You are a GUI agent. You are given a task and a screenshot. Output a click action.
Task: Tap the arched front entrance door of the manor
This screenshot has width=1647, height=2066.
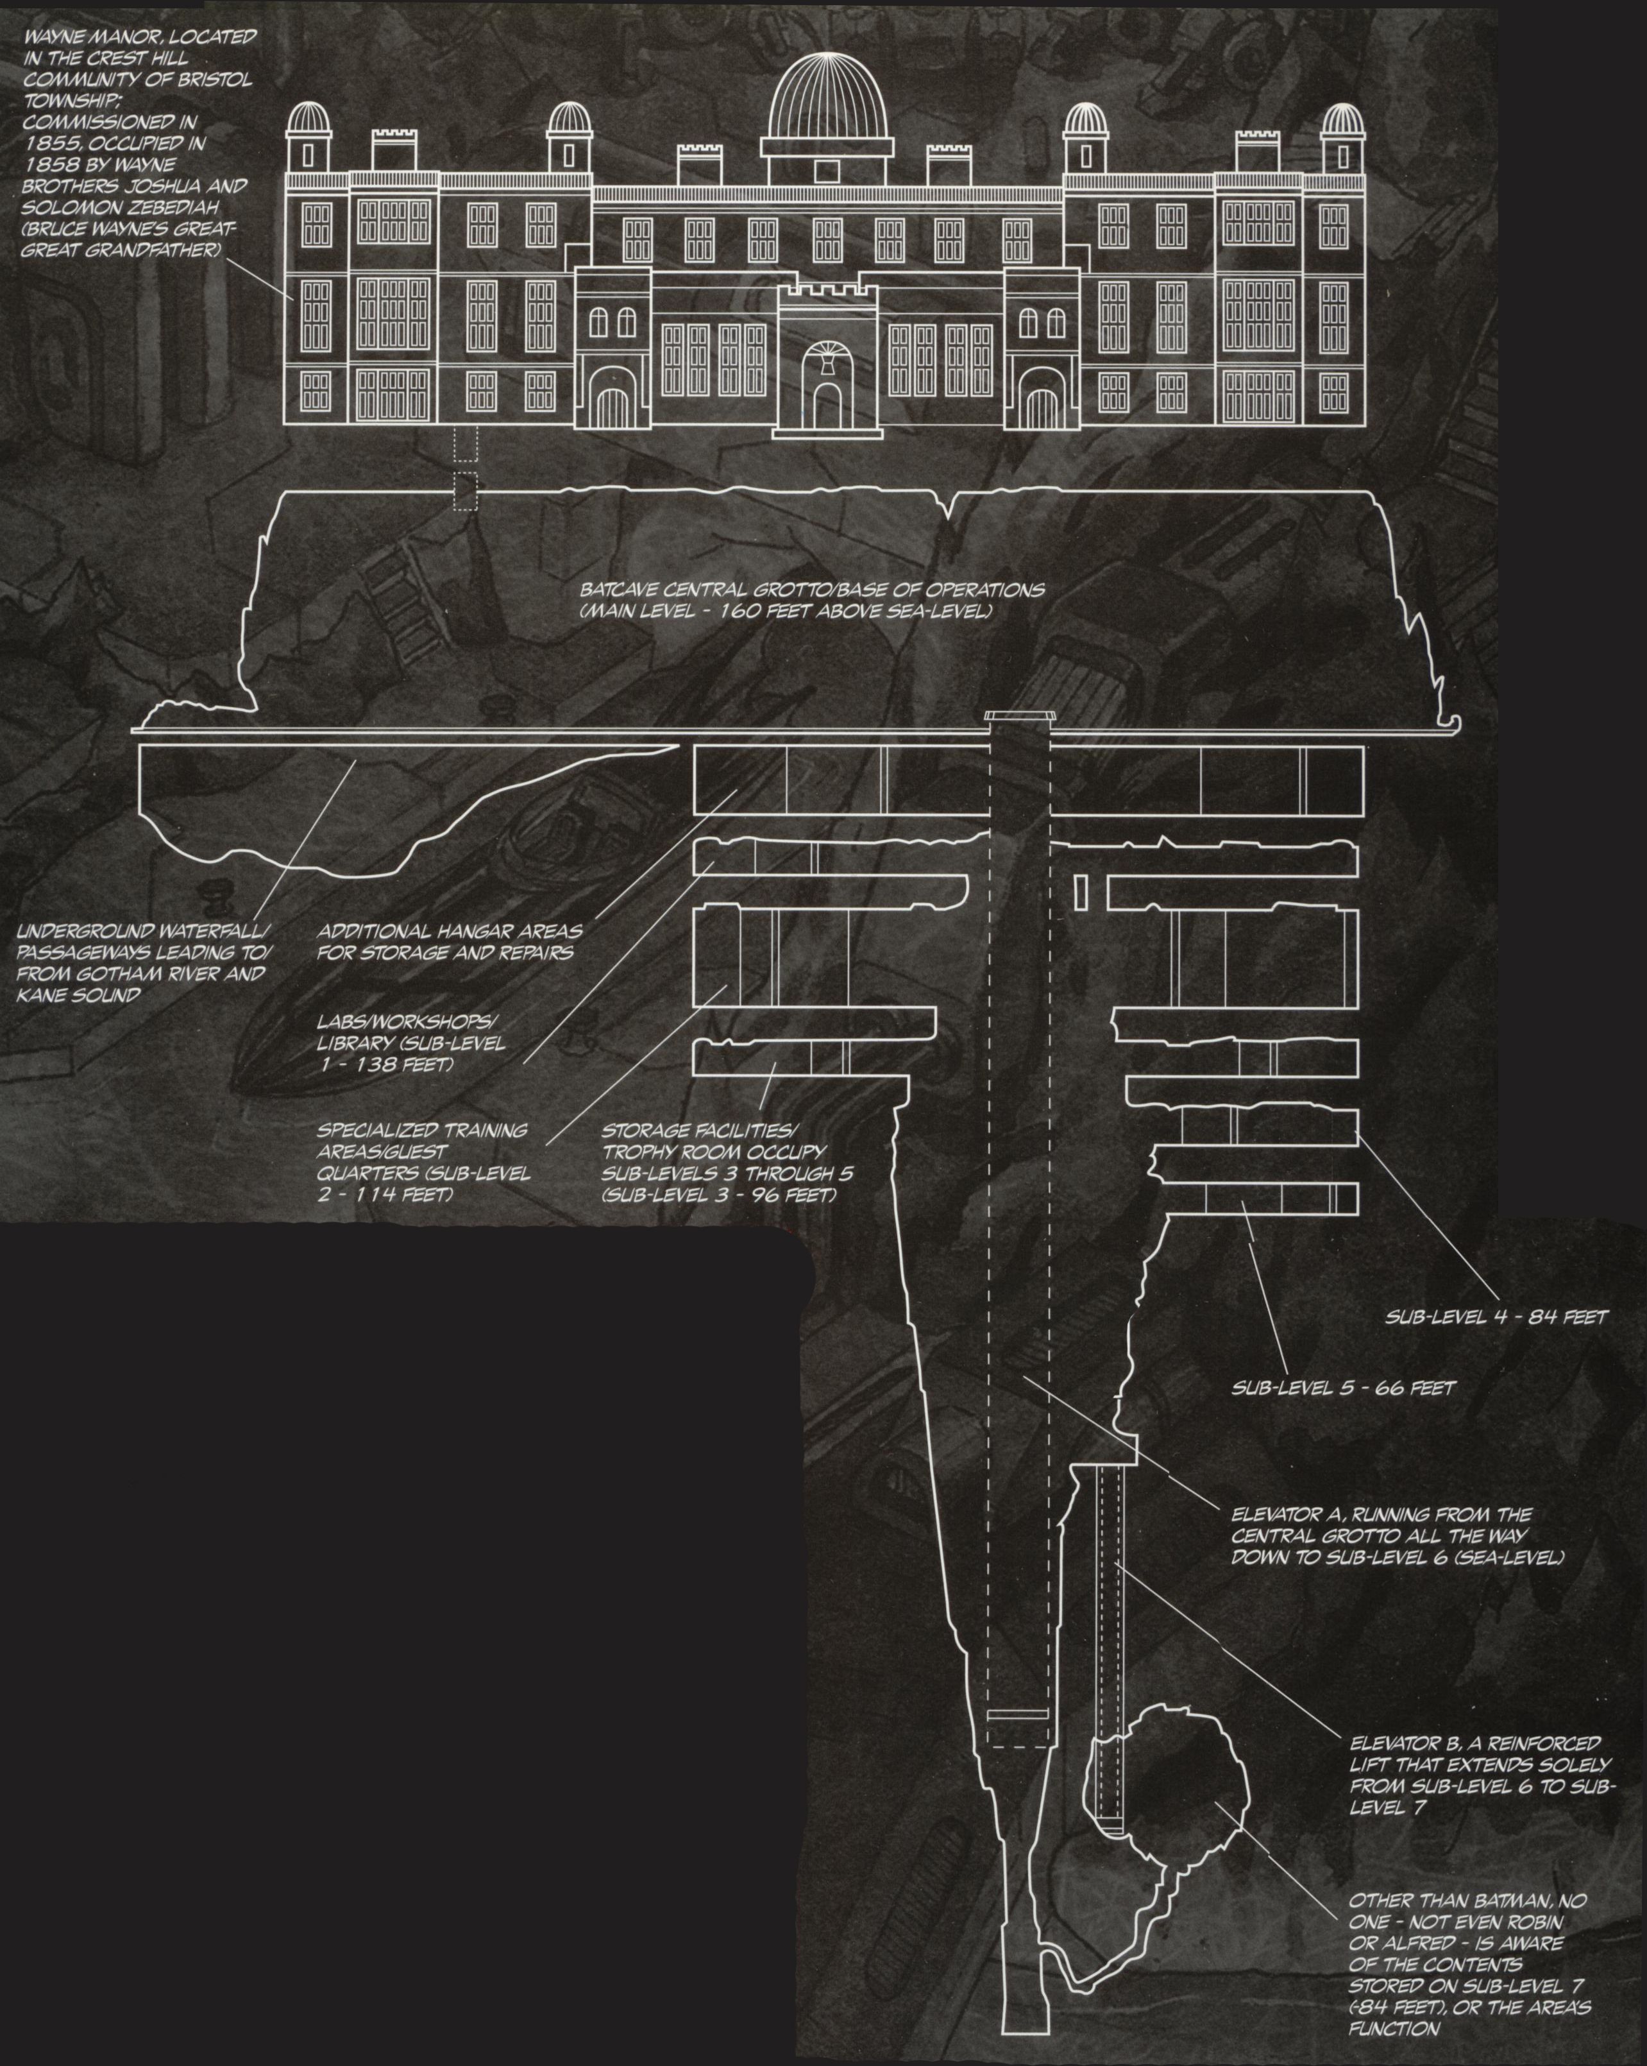[826, 400]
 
